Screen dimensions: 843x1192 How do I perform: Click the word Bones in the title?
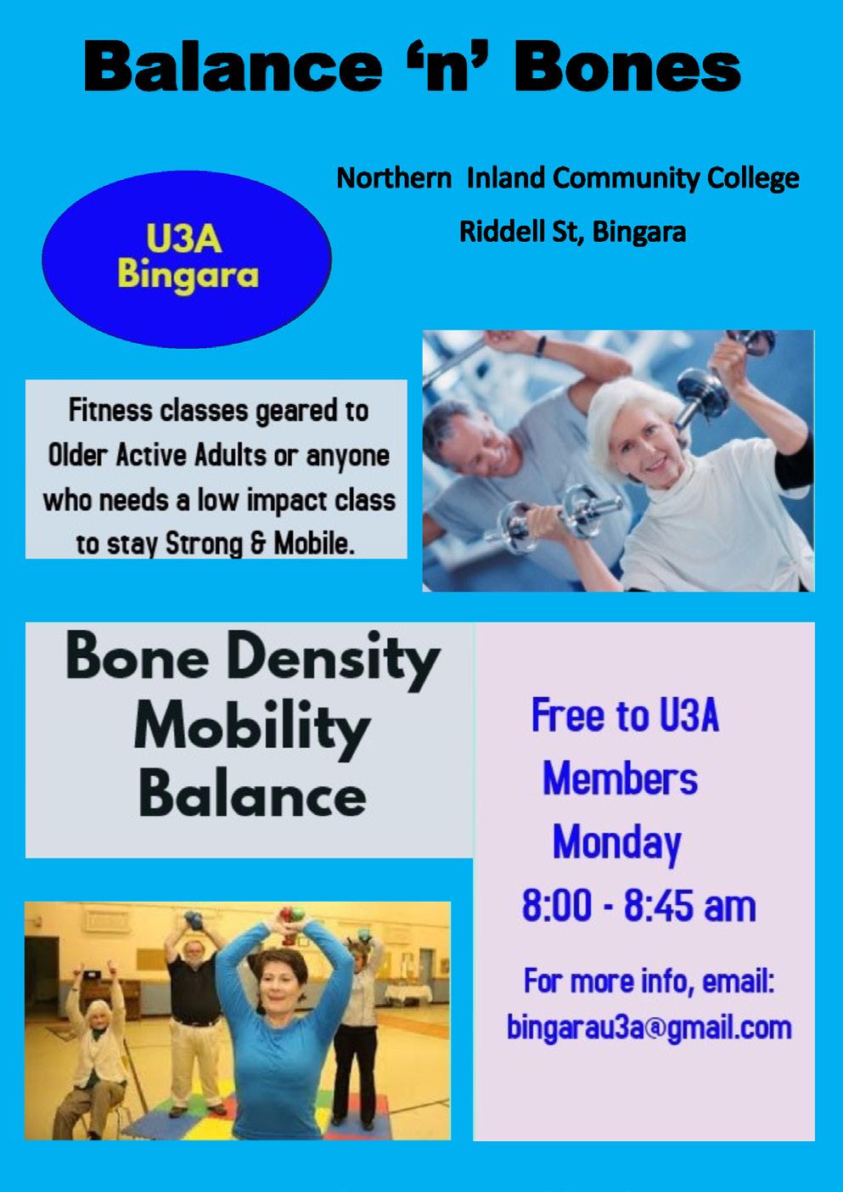pos(627,69)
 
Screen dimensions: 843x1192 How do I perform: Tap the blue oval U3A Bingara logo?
pos(187,259)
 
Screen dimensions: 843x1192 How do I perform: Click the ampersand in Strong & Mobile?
pos(258,544)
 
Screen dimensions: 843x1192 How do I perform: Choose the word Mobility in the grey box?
pos(252,731)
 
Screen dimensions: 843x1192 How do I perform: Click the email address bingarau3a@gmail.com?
pos(649,1027)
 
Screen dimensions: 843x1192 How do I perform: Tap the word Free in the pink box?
pos(569,716)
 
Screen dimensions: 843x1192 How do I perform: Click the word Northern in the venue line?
pos(394,178)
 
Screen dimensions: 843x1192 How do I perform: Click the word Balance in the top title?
pos(233,69)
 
